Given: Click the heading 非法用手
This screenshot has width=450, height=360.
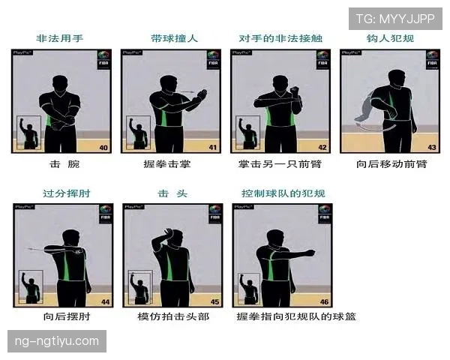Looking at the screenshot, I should tap(61, 39).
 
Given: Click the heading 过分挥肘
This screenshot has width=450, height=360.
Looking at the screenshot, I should tap(61, 193).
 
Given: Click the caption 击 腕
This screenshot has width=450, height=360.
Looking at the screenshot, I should tap(61, 163).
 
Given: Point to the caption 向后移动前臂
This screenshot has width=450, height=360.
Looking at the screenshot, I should tap(391, 163).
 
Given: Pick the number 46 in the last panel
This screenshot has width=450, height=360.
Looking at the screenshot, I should tap(324, 301).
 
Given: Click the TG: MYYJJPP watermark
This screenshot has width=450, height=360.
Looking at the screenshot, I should tap(395, 18).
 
